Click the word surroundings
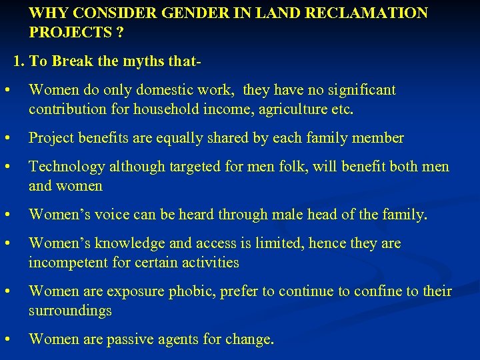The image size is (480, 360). point(70,310)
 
